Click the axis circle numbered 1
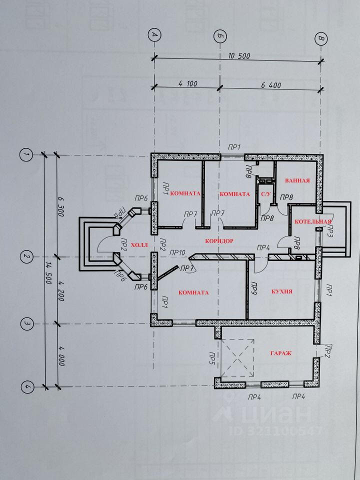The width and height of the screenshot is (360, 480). (x=25, y=155)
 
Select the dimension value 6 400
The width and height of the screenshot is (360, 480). (x=271, y=85)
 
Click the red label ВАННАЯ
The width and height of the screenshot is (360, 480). (x=297, y=180)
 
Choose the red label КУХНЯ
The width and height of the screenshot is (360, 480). (x=281, y=291)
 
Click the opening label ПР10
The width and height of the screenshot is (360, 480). (x=177, y=252)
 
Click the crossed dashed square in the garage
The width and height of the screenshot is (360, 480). (x=238, y=358)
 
